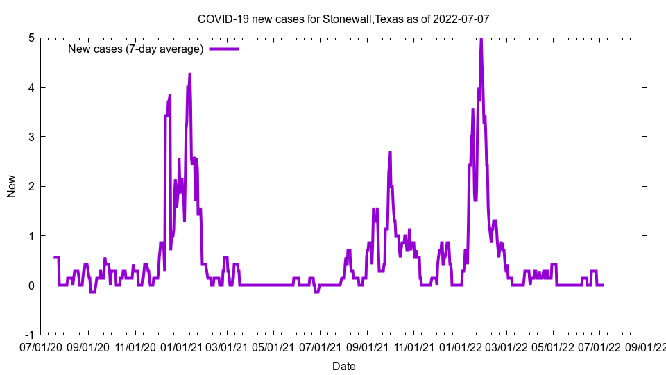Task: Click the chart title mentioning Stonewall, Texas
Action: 343,19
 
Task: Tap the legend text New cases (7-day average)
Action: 135,49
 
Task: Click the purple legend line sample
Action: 223,49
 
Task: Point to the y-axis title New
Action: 12,186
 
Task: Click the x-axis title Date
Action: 343,366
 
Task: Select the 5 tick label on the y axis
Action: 31,37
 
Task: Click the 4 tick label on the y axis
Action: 31,87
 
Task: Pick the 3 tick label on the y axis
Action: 31,137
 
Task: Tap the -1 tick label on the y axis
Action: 29,335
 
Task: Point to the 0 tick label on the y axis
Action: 31,285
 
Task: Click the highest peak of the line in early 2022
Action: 481,40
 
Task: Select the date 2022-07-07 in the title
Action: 462,19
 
